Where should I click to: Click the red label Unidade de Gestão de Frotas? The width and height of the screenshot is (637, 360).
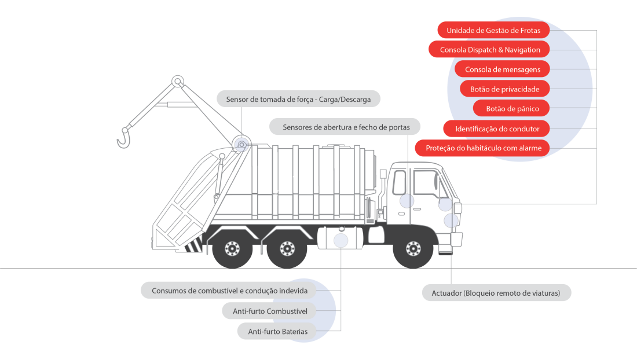[493, 30]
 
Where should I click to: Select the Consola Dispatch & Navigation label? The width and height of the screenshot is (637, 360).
[489, 50]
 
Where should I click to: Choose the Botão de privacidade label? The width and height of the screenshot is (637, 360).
[504, 89]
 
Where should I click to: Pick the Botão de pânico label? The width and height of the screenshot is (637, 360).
[512, 109]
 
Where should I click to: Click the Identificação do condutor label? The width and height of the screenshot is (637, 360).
[497, 128]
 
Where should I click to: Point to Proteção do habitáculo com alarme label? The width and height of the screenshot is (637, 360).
[483, 148]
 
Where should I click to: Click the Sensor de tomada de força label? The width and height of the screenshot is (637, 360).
[298, 99]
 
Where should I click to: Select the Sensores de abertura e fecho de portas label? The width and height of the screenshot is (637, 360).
[344, 127]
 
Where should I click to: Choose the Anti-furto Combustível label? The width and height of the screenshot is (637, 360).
[269, 311]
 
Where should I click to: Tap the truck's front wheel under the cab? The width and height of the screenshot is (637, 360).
[413, 249]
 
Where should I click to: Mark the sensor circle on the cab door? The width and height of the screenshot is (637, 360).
[407, 201]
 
